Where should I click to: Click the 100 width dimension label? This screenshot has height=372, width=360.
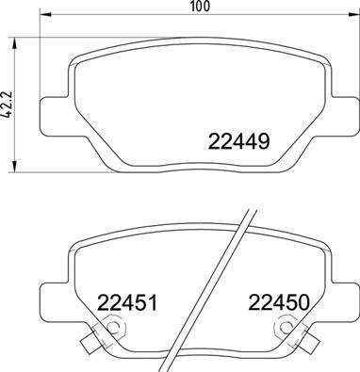198,7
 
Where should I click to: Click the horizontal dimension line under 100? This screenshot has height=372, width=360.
198,35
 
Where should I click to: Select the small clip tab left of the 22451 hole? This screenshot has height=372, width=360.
90,341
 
